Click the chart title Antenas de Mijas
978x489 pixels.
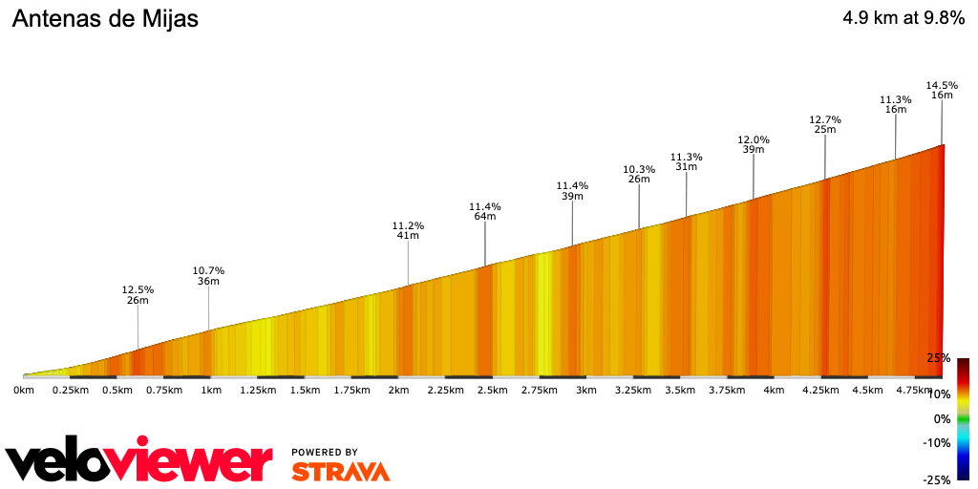105,19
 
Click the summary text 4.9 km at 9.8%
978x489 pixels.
903,18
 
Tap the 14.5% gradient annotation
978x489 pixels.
942,86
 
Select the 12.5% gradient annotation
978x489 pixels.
138,289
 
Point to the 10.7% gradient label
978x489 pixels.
208,269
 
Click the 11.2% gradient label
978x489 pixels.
408,226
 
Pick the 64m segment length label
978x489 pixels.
485,217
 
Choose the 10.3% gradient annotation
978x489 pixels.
639,169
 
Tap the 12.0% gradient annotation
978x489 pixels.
754,139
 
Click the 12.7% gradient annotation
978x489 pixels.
824,119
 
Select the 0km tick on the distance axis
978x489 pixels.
24,390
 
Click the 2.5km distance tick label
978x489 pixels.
492,390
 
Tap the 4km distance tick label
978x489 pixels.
774,390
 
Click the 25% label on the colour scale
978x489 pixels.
938,358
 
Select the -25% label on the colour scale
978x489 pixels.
936,480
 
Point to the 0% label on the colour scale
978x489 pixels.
942,418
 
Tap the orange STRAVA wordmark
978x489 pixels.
340,472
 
